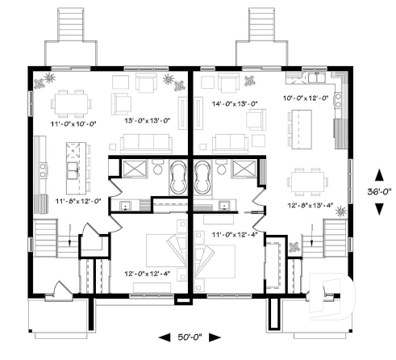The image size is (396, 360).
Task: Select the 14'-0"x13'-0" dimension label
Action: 234,103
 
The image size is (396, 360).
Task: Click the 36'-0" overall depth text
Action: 379,191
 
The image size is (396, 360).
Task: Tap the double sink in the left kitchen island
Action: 73,171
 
